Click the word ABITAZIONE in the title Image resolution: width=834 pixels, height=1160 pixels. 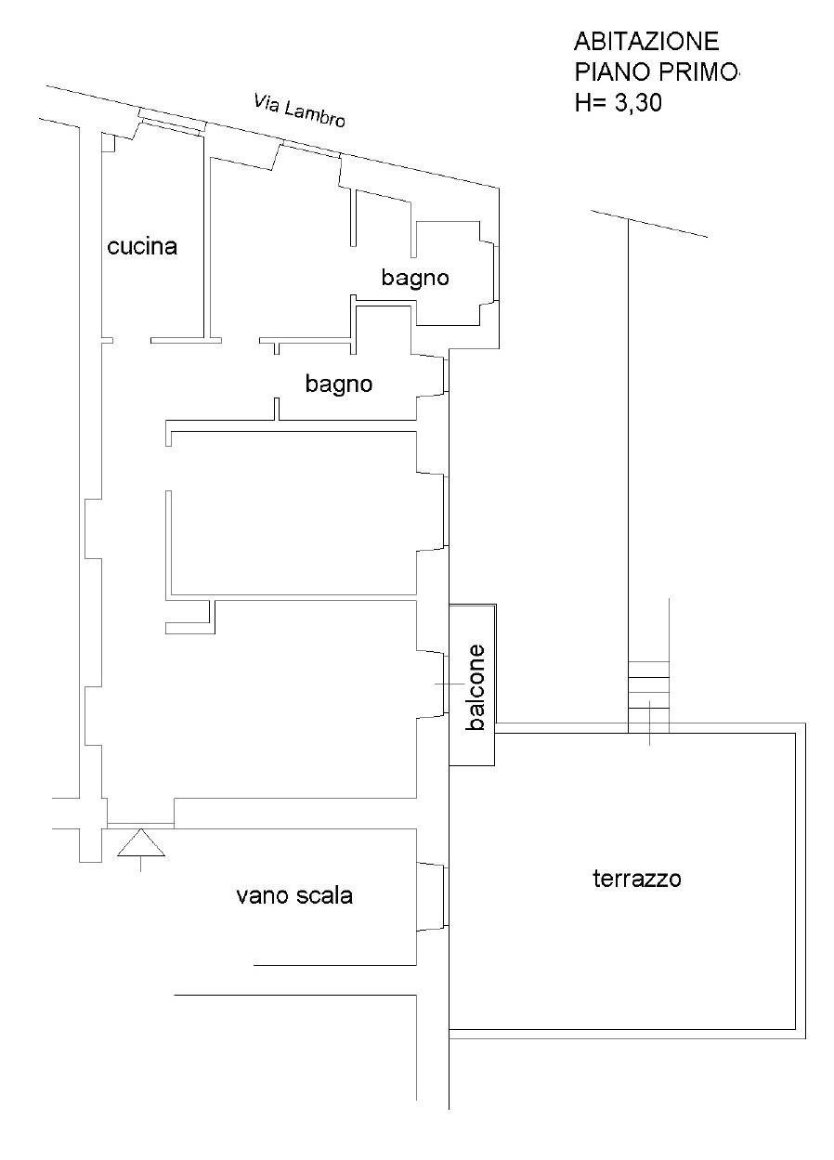point(646,42)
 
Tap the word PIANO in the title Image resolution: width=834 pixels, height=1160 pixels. point(610,72)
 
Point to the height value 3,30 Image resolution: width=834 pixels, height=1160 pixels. point(638,102)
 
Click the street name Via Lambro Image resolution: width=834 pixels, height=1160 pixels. point(299,111)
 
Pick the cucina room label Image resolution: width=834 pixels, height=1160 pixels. point(142,246)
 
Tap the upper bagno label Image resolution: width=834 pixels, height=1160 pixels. point(415,278)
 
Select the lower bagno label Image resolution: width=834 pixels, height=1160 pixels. point(339,384)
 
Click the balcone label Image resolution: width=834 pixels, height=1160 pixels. point(476,687)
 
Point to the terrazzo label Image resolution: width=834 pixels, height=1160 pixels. point(637,879)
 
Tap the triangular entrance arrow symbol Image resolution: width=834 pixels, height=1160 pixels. point(141,843)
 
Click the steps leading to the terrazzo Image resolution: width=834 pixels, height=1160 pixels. point(648,697)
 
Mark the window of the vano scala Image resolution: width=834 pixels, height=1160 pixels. point(444,896)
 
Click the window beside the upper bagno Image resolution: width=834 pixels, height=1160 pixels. point(497,272)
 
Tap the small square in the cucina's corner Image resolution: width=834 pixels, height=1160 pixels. point(108,142)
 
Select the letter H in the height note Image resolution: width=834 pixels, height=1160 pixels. point(582,102)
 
